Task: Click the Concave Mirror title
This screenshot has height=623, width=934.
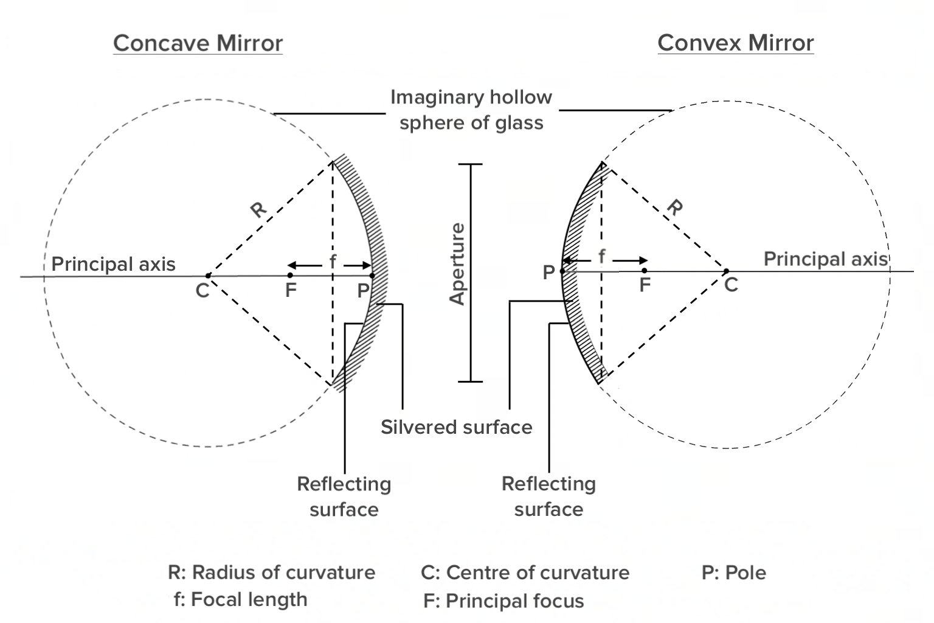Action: pyautogui.click(x=198, y=43)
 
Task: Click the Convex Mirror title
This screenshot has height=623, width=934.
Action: pyautogui.click(x=735, y=43)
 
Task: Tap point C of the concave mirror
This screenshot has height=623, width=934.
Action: pyautogui.click(x=208, y=276)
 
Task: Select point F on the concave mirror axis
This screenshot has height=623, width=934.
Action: pyautogui.click(x=290, y=276)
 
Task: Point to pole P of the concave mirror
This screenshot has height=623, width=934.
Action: pyautogui.click(x=372, y=276)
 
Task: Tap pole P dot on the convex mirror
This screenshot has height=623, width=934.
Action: pyautogui.click(x=562, y=271)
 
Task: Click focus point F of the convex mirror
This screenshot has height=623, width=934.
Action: pyautogui.click(x=645, y=271)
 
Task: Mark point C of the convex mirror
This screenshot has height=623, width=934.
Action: pyautogui.click(x=726, y=271)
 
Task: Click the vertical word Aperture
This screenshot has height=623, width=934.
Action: pyautogui.click(x=457, y=264)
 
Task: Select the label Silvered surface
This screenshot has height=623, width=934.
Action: pyautogui.click(x=456, y=427)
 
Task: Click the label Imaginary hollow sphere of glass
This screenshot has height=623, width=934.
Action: pyautogui.click(x=471, y=110)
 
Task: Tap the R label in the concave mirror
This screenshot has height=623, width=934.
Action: pyautogui.click(x=259, y=209)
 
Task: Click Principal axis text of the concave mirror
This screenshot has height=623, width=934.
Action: pyautogui.click(x=113, y=264)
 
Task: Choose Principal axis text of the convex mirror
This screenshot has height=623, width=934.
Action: pyautogui.click(x=825, y=259)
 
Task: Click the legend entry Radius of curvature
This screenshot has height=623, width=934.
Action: pyautogui.click(x=272, y=573)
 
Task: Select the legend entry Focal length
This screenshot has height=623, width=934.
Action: pyautogui.click(x=241, y=600)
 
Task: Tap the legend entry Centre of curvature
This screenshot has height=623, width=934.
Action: pyautogui.click(x=525, y=573)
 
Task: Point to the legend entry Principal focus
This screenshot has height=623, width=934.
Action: pyautogui.click(x=503, y=601)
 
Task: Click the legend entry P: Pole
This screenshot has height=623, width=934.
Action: pyautogui.click(x=734, y=573)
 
